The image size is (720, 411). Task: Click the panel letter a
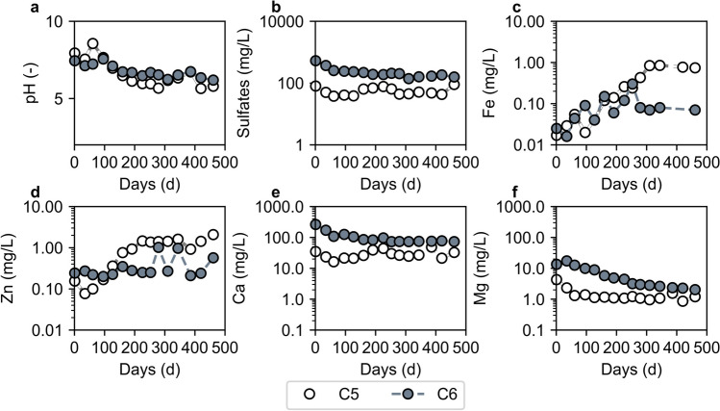[35, 8]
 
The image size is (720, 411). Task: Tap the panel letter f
[516, 193]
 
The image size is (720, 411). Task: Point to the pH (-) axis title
[33, 82]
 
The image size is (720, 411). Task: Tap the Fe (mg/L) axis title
[491, 83]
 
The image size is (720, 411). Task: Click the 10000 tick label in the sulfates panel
[285, 22]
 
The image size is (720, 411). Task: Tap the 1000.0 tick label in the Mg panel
[525, 207]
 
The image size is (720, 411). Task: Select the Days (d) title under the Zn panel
[150, 370]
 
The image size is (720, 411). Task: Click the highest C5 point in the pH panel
[92, 43]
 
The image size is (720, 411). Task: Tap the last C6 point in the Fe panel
[695, 110]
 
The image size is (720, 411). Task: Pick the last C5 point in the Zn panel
[213, 235]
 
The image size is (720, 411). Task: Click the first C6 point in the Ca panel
[315, 224]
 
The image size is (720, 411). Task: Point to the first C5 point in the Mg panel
[556, 279]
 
